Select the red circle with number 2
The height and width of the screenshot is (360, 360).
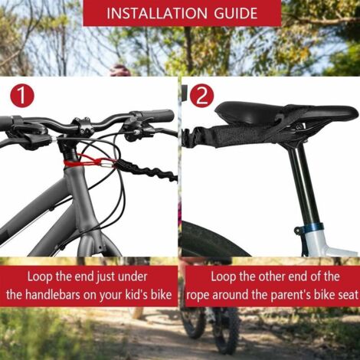(x=201, y=97)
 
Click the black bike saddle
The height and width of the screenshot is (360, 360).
(x=283, y=113)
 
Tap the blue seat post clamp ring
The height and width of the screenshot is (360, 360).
(x=313, y=228)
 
